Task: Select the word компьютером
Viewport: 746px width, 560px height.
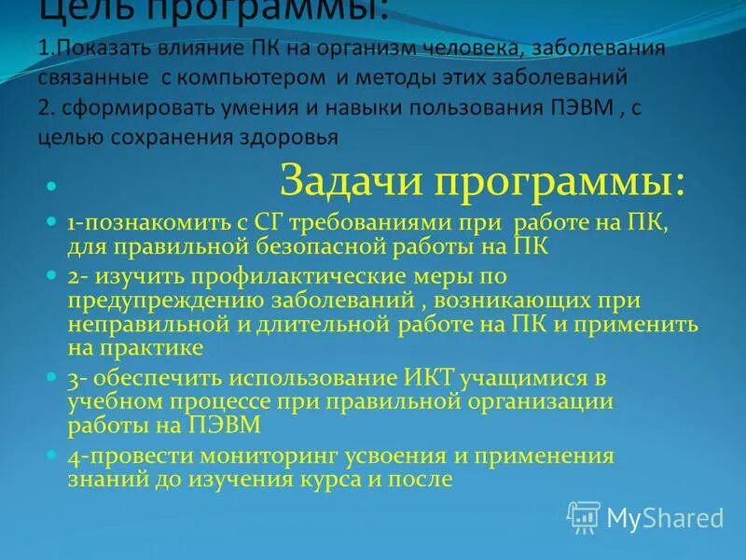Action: pyautogui.click(x=270, y=76)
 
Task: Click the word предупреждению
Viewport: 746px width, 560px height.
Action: pyautogui.click(x=161, y=301)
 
